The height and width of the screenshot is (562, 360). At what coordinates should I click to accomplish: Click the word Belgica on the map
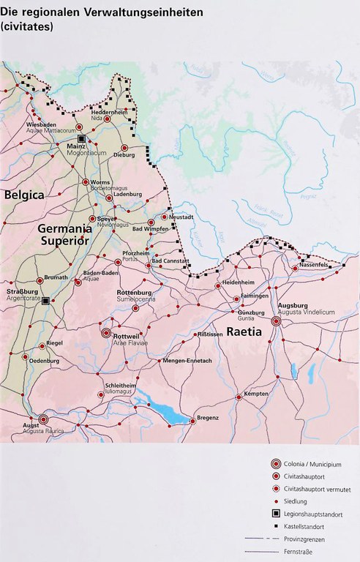[24, 195]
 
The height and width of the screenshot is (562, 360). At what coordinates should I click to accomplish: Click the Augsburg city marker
[276, 321]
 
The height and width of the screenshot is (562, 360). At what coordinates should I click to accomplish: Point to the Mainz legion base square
[83, 138]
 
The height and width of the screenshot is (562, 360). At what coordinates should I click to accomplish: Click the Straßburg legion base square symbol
[45, 301]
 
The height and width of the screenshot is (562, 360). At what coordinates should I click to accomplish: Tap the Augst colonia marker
[43, 420]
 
